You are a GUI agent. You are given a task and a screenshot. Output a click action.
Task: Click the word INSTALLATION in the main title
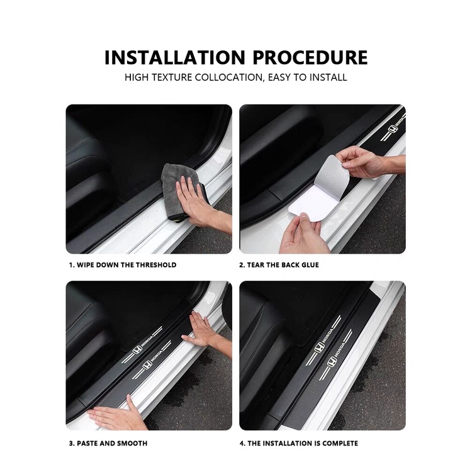pyautogui.click(x=175, y=57)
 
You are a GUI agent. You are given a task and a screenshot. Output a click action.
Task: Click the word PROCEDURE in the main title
pyautogui.click(x=310, y=57)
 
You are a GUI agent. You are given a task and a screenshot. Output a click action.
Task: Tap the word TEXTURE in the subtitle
pyautogui.click(x=171, y=77)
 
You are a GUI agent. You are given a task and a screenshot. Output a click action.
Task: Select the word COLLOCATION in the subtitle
pyautogui.click(x=229, y=77)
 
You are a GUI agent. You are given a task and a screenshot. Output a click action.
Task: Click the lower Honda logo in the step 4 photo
pyautogui.click(x=332, y=361)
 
